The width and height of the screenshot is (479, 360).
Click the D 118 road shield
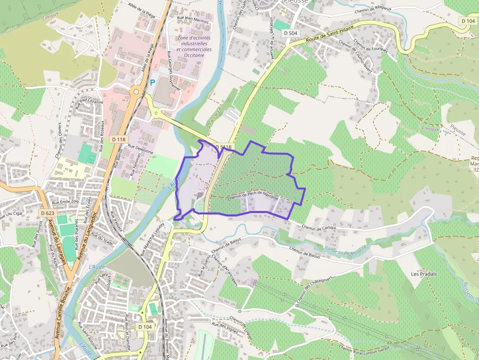118,139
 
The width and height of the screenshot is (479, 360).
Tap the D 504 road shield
289,33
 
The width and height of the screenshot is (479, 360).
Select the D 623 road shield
47,213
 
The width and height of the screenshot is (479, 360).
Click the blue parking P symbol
153,83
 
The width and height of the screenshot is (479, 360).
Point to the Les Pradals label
424,274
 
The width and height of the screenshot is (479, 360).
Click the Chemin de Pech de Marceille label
253,195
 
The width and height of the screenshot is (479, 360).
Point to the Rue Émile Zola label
65,201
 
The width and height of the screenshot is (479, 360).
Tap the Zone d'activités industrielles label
194,43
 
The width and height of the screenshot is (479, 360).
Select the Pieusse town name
296,2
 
